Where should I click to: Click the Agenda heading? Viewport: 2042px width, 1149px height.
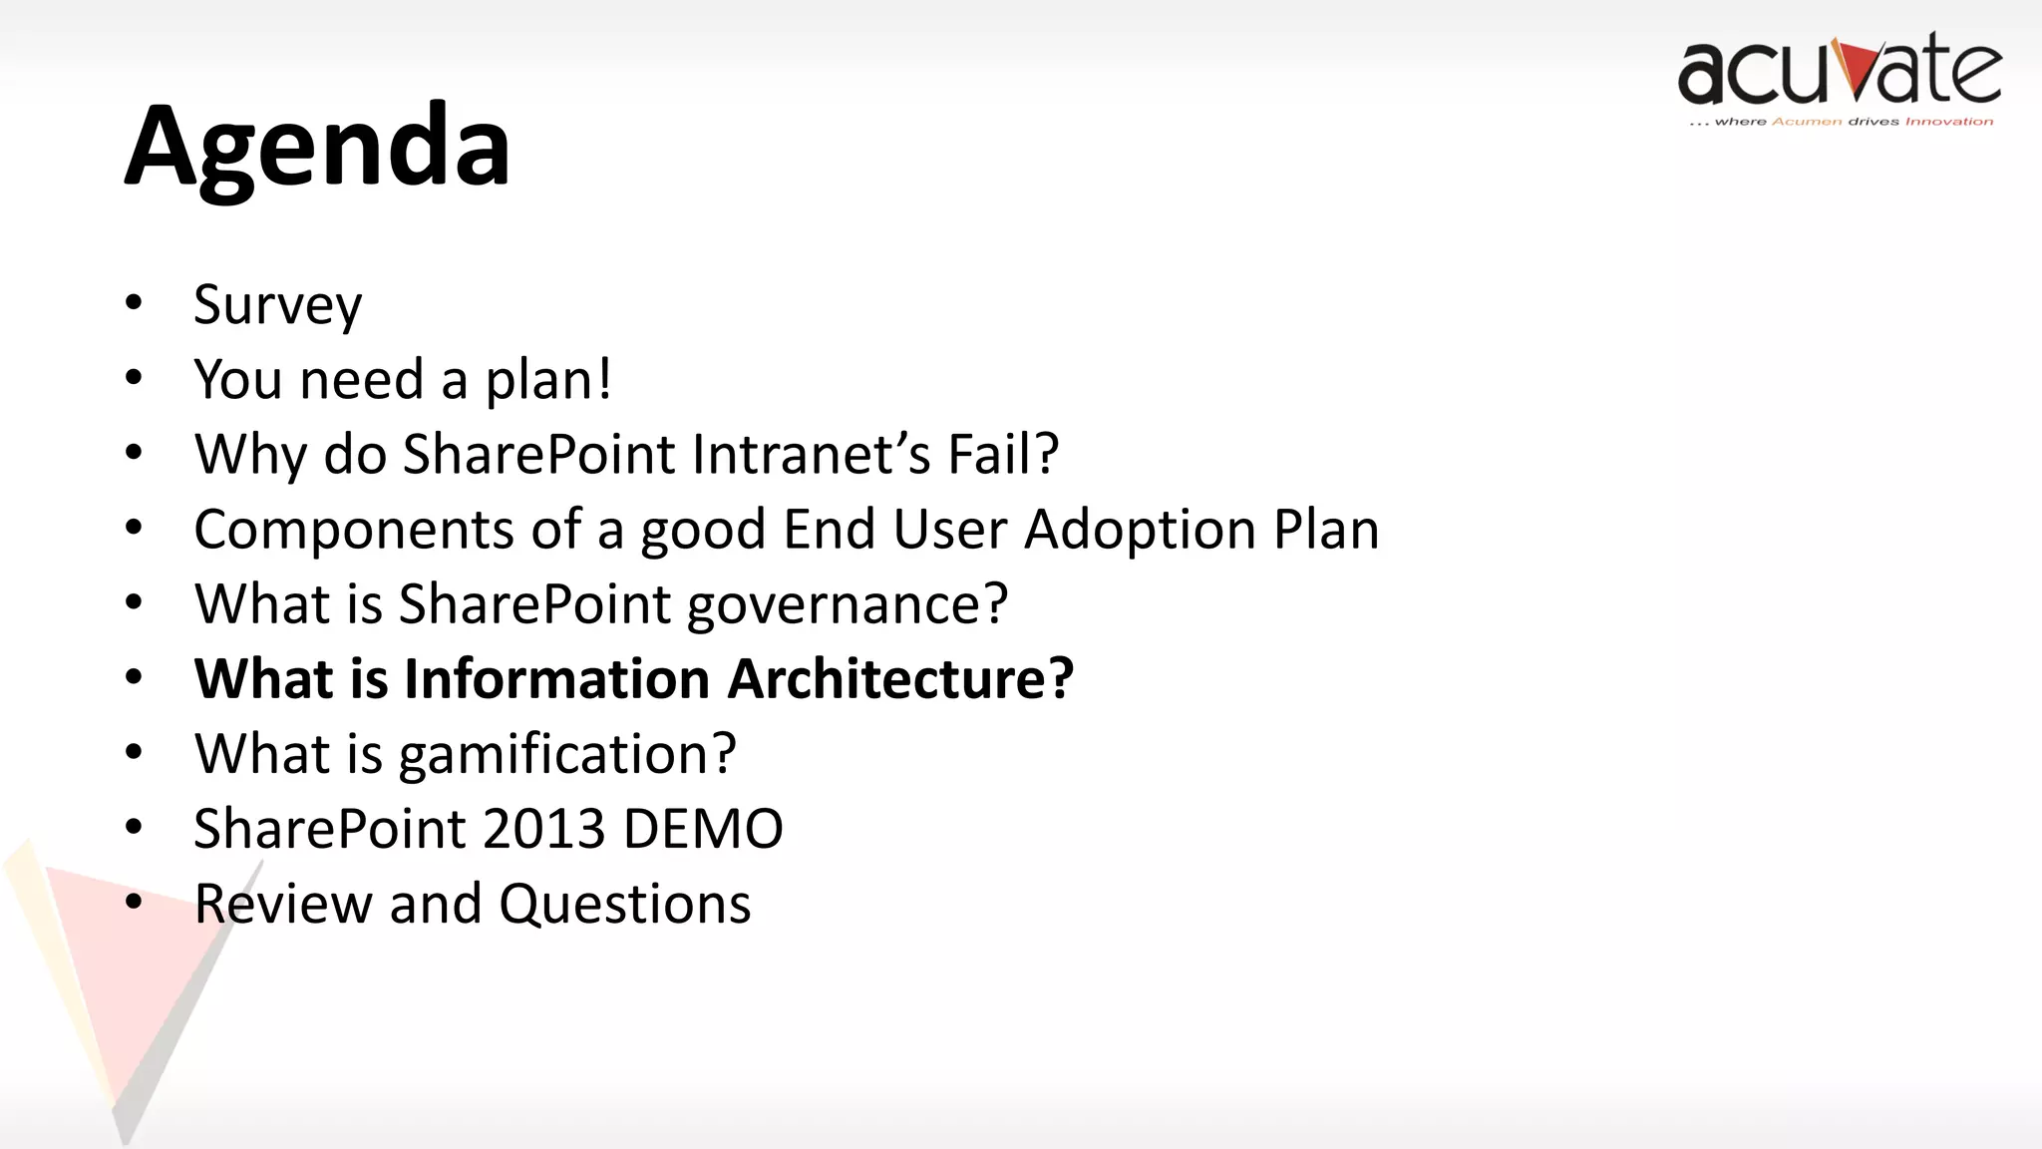[317, 148]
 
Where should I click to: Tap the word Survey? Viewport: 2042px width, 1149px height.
[277, 305]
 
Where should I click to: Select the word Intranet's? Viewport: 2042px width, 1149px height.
[811, 455]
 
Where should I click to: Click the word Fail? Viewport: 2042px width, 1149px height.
[1002, 455]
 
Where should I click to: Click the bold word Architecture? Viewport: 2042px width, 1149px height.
[900, 679]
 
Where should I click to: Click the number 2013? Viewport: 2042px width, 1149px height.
[544, 829]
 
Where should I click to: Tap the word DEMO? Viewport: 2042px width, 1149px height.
[703, 829]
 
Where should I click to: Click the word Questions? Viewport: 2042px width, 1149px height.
[624, 905]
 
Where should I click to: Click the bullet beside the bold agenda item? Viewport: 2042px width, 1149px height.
[134, 678]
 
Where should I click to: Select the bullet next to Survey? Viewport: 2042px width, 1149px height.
[134, 303]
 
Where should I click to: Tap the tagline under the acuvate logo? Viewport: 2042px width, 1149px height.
[1841, 122]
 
